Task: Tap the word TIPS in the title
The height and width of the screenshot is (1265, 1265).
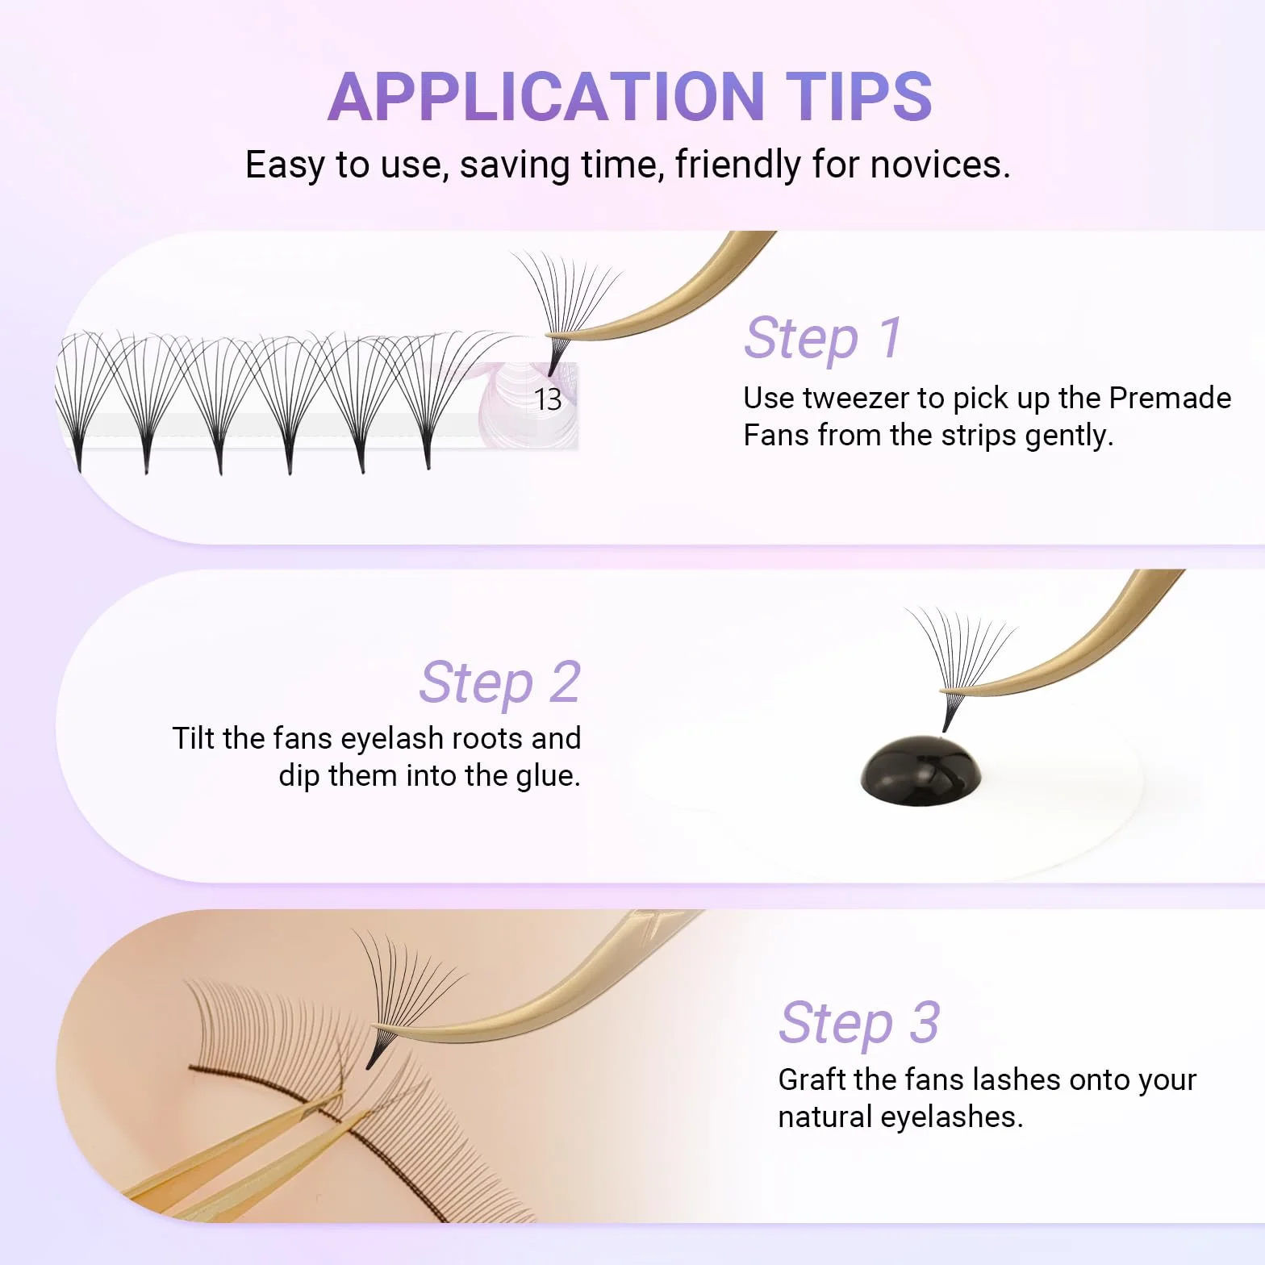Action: click(859, 96)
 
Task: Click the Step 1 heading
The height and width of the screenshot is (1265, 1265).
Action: click(823, 337)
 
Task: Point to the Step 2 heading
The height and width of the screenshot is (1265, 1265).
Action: click(500, 683)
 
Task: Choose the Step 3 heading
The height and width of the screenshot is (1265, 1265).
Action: click(859, 1023)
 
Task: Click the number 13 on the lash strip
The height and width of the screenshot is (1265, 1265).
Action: click(548, 399)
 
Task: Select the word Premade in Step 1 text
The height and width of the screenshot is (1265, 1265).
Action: click(1170, 398)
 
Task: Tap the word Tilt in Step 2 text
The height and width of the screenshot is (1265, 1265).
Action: click(194, 738)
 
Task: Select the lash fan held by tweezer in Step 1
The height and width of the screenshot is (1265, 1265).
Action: click(565, 311)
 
